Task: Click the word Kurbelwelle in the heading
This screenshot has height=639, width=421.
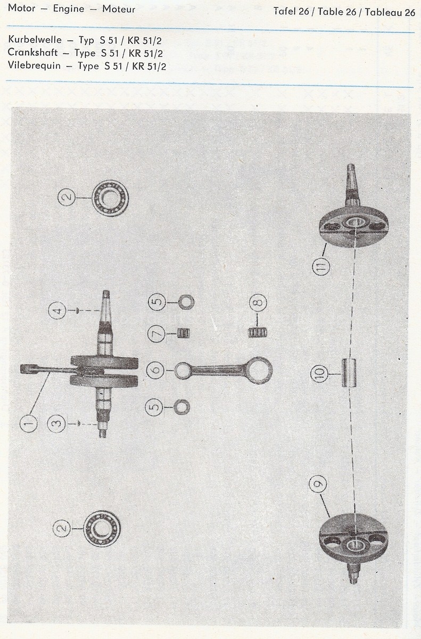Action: point(35,39)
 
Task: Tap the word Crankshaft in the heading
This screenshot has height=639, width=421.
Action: point(32,53)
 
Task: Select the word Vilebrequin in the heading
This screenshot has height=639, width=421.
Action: point(34,65)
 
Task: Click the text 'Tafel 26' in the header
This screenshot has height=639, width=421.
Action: point(291,11)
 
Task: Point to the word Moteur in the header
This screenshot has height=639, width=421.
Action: point(119,9)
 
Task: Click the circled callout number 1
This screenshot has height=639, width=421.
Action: point(29,424)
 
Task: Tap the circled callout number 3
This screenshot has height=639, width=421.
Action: point(56,424)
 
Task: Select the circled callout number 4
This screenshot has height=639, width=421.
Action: point(57,310)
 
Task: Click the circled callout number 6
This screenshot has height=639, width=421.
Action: point(155,371)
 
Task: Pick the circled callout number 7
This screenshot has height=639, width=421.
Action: point(156,334)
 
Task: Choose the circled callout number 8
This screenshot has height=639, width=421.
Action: point(258,302)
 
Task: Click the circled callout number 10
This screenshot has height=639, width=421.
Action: point(319,374)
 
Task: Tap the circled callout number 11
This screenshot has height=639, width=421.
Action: point(321,266)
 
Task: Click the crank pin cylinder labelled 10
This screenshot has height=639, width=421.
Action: point(349,373)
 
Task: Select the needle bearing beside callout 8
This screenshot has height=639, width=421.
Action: point(258,333)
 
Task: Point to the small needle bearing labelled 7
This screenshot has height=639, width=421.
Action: point(184,333)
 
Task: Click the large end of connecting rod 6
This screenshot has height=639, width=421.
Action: point(259,371)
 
